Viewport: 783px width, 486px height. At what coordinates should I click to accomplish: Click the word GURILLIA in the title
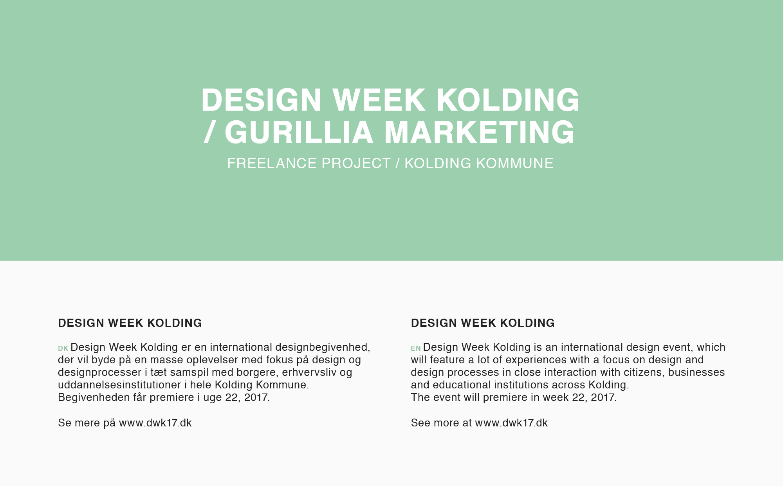coord(299,132)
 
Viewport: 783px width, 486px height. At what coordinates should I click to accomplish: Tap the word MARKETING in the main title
coord(480,132)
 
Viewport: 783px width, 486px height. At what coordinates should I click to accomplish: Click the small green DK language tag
coord(63,348)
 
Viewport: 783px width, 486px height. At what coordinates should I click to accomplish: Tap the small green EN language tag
coord(416,348)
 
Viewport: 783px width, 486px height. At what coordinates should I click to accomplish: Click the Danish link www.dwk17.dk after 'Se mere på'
coord(155,423)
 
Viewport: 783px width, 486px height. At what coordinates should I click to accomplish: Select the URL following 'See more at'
coord(511,423)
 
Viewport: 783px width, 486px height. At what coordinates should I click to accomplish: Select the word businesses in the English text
coord(696,372)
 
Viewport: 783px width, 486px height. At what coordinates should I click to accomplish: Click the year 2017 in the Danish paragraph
coord(257,397)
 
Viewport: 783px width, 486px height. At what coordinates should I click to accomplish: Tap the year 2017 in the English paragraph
coord(604,397)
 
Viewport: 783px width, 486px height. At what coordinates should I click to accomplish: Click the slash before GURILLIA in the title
coord(209,132)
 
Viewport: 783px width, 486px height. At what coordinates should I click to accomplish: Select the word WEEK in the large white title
coord(379,100)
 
